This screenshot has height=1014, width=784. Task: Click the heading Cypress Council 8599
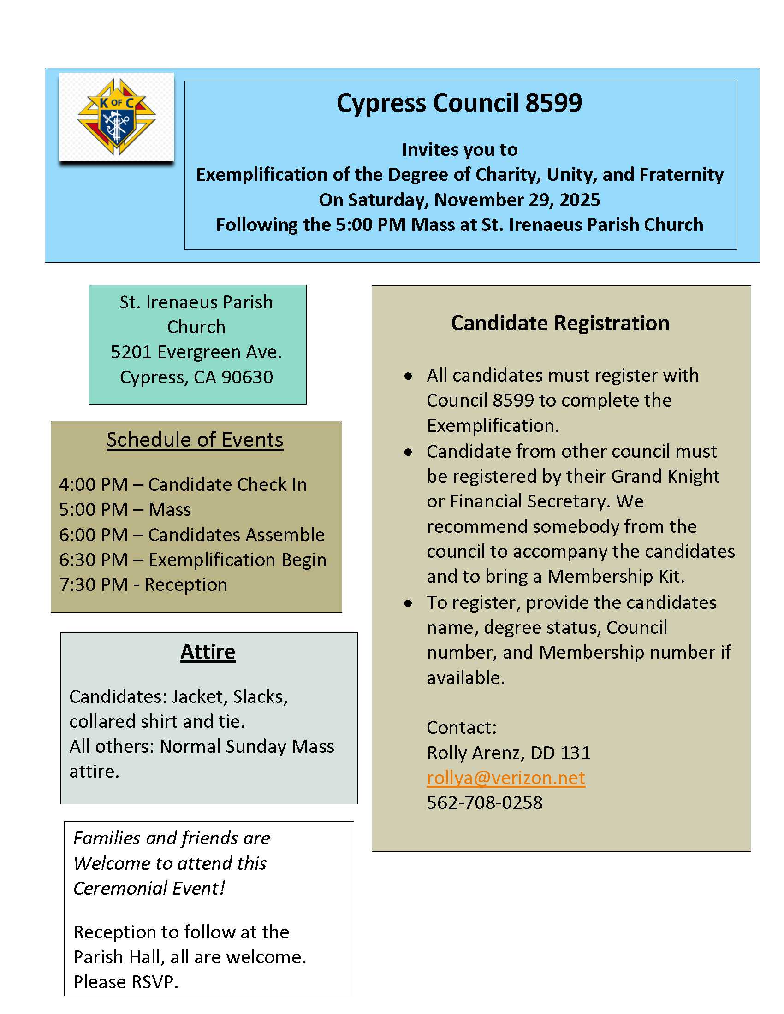459,103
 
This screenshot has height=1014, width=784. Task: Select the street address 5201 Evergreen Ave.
196,352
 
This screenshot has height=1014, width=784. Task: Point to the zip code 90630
247,377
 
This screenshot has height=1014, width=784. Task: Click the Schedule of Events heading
195,440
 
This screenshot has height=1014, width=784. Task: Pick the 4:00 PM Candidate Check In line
183,484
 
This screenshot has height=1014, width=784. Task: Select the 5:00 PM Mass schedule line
125,509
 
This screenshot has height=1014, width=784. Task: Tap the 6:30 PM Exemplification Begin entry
192,560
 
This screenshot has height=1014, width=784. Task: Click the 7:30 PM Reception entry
143,584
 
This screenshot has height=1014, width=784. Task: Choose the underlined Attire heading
208,651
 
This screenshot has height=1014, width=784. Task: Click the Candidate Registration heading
560,323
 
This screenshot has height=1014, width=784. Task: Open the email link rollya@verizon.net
505,777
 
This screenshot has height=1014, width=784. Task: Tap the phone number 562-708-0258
484,802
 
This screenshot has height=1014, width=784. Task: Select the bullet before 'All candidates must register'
408,376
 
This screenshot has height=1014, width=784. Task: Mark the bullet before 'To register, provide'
408,603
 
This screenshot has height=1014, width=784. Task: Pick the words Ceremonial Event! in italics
149,888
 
